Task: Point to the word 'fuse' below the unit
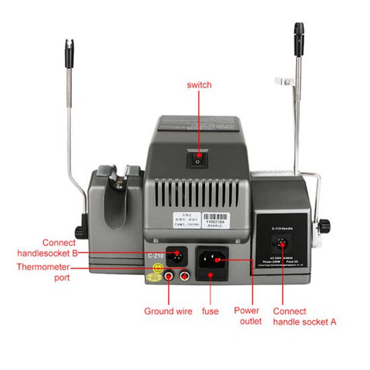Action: coord(209,311)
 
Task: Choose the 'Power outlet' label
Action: coord(248,316)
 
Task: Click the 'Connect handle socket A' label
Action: coord(304,316)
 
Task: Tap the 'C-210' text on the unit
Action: coord(156,255)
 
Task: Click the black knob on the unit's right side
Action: coord(325,225)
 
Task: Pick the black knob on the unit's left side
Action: coord(79,230)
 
